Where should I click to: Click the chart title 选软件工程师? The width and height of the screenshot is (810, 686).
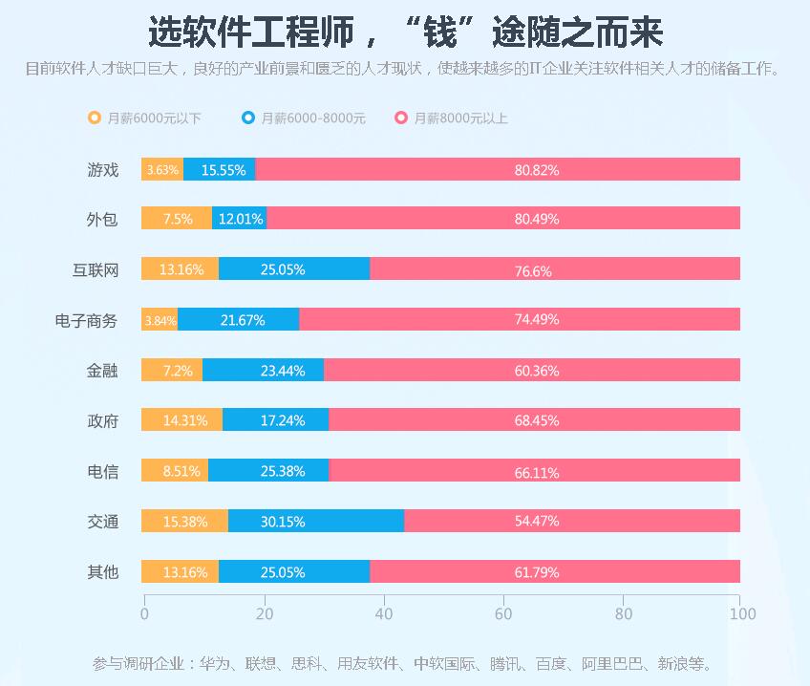(x=405, y=32)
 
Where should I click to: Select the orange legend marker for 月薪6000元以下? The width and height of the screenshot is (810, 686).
(x=94, y=118)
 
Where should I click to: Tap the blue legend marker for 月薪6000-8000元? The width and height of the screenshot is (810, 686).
(x=248, y=118)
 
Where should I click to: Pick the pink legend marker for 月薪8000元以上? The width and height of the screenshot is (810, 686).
(x=401, y=118)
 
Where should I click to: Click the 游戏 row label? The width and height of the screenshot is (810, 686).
(x=102, y=170)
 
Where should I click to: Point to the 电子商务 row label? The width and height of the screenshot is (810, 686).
(x=86, y=321)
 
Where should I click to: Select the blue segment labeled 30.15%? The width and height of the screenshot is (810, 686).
(x=316, y=522)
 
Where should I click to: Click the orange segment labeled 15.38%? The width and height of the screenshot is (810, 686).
(x=184, y=522)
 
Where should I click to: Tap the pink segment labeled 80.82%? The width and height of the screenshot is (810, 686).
(x=498, y=170)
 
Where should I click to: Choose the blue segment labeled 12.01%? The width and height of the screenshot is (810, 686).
(x=240, y=219)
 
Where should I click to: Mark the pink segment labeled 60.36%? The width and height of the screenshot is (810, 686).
(x=532, y=371)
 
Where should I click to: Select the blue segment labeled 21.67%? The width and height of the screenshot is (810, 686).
(x=239, y=321)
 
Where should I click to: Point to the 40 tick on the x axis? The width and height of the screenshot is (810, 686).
(x=383, y=613)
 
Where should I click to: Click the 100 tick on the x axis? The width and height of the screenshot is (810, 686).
(x=741, y=613)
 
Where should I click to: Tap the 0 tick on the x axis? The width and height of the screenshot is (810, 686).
(x=144, y=613)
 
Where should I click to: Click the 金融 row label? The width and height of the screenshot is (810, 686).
(x=102, y=371)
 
